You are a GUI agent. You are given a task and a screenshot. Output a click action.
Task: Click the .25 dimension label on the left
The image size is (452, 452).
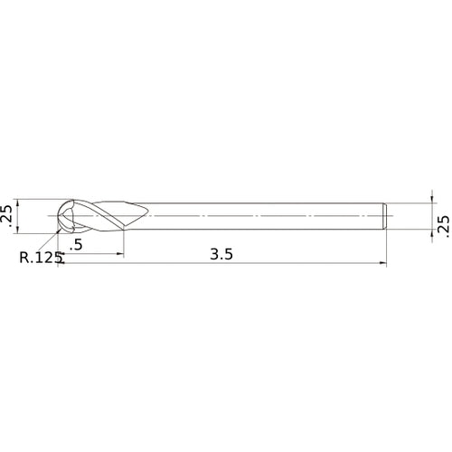pos(8,215)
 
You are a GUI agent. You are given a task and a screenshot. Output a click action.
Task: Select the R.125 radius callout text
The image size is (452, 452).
pos(41,258)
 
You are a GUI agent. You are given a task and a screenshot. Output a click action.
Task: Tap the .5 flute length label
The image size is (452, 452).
pos(76,245)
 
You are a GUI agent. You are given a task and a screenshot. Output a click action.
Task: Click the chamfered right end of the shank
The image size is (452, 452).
pos(386,216)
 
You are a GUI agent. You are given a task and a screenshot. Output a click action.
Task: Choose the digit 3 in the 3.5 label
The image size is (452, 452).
pos(213,255)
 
